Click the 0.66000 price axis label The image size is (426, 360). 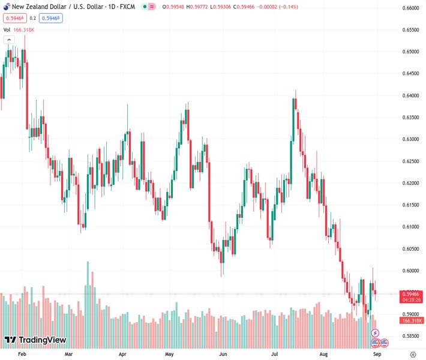(x=410, y=8)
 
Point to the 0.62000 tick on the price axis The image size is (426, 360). (x=410, y=183)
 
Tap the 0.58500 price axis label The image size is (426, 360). (x=410, y=336)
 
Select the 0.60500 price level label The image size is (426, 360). (x=410, y=248)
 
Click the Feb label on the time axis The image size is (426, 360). (x=22, y=354)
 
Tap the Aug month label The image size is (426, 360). (x=324, y=354)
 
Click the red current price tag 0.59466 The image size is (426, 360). (x=410, y=293)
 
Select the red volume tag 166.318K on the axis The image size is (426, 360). (x=410, y=321)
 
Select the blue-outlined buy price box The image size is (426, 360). (x=52, y=18)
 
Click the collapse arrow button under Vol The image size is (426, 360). (x=9, y=40)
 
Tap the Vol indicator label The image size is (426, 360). (x=7, y=29)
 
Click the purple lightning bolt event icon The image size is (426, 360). (x=376, y=333)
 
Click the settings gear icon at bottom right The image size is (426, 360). (x=412, y=354)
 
